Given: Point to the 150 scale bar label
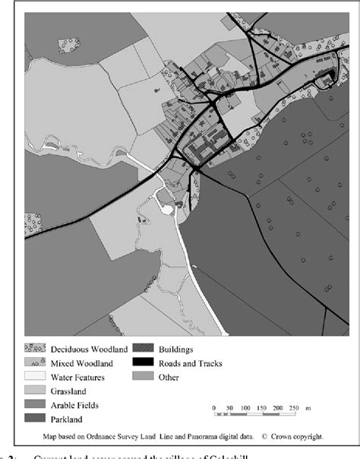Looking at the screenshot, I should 262,408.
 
